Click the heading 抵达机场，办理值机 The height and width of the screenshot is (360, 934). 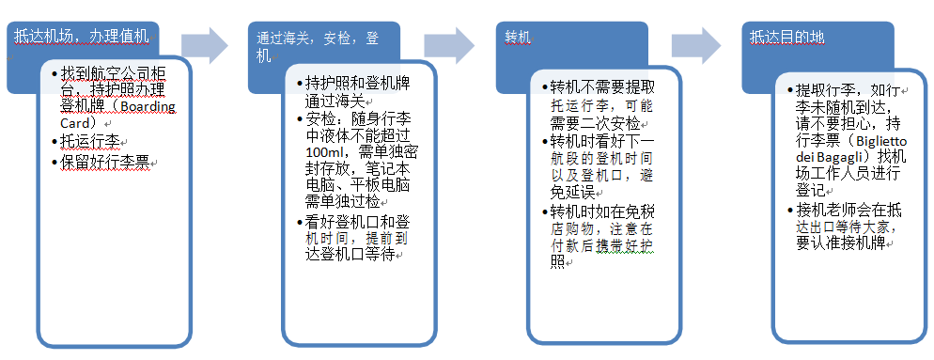pos(82,37)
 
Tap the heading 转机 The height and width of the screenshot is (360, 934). pos(518,39)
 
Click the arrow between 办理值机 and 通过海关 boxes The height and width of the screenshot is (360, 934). pos(206,43)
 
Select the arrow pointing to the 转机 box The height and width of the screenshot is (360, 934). pos(450,43)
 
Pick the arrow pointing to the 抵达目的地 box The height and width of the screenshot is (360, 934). pos(697,43)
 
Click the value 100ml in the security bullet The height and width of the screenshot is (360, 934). pos(326,153)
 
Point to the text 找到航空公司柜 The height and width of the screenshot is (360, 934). pos(114,73)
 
